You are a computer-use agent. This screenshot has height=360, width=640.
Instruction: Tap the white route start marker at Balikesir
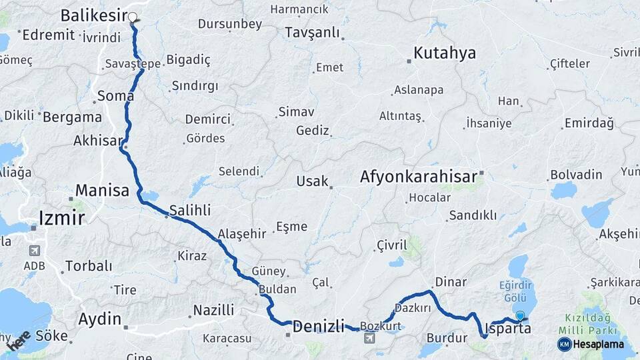132,17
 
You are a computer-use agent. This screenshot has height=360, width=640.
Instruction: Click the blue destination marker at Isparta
520,315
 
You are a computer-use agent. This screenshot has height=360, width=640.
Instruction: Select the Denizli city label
319,326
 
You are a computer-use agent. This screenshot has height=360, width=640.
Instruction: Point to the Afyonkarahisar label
419,177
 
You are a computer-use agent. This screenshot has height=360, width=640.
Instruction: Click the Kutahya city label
445,53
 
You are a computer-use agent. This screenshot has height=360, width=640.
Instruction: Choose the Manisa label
102,190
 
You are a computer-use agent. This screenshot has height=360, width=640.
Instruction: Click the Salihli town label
190,210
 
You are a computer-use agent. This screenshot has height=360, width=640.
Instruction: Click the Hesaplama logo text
597,344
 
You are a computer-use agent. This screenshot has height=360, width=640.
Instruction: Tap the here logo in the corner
19,340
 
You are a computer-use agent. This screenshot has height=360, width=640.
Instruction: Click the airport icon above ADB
33,251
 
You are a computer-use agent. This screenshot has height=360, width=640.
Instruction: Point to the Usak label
313,181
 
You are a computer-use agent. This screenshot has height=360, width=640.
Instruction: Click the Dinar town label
451,282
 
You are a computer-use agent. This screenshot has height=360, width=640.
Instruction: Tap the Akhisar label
99,141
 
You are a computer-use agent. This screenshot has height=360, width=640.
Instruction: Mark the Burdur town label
447,338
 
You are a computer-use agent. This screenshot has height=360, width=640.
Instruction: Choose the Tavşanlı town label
311,33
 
